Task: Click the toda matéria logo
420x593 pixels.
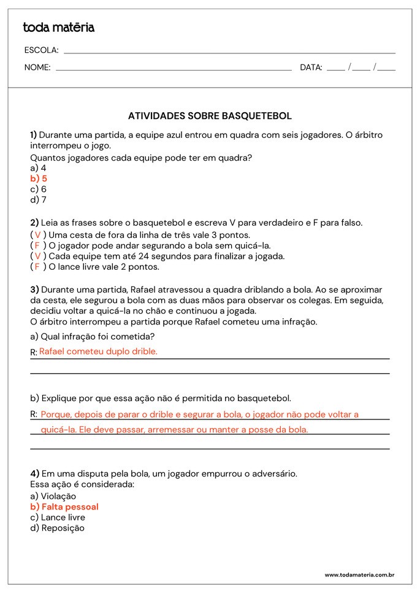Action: coord(58,28)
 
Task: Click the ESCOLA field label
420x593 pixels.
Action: coord(41,50)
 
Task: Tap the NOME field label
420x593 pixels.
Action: coord(37,67)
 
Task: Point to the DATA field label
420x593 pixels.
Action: coord(311,67)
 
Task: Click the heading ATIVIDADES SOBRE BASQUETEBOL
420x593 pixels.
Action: coord(210,116)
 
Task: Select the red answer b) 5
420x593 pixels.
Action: coord(39,178)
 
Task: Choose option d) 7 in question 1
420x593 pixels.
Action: coord(38,199)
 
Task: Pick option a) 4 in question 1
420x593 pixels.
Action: coord(38,168)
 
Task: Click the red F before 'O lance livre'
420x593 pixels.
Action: coord(37,267)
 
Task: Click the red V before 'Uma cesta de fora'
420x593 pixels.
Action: coord(37,235)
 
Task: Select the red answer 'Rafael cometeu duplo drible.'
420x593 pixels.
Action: coord(98,351)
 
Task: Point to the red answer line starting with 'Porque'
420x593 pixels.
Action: coord(199,415)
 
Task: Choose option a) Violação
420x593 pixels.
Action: coord(53,496)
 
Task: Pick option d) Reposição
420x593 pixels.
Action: coord(57,528)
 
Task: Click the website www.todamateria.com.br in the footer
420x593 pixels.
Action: coord(359,575)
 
